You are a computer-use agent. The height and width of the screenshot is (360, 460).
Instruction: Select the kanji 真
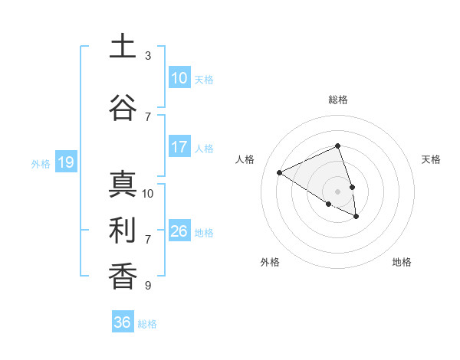[x=122, y=184]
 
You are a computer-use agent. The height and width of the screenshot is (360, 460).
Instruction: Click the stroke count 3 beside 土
[x=148, y=56]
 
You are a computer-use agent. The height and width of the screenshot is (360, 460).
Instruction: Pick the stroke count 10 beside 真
[x=148, y=193]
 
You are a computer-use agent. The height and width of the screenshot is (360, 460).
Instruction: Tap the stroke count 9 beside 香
[x=148, y=286]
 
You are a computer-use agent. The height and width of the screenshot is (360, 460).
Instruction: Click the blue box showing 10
[x=179, y=78]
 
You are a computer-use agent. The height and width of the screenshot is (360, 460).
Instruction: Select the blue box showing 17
[x=179, y=147]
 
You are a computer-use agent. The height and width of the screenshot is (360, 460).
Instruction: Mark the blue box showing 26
[x=179, y=231]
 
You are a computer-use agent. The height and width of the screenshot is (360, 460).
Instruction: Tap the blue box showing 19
[x=65, y=162]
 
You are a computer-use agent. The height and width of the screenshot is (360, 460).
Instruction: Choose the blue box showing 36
[x=122, y=322]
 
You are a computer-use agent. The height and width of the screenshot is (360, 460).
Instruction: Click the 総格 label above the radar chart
[x=338, y=100]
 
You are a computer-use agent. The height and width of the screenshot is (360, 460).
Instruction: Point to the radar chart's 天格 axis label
[x=432, y=159]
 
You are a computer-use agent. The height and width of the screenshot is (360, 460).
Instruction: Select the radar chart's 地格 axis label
[x=402, y=262]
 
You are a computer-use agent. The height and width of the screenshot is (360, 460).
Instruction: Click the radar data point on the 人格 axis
[x=280, y=172]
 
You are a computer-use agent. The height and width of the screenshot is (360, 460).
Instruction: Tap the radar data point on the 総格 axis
[x=337, y=146]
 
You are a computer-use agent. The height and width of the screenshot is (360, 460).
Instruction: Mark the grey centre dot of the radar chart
[x=337, y=191]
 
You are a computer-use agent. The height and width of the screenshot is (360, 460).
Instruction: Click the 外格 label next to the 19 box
[x=40, y=163]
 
